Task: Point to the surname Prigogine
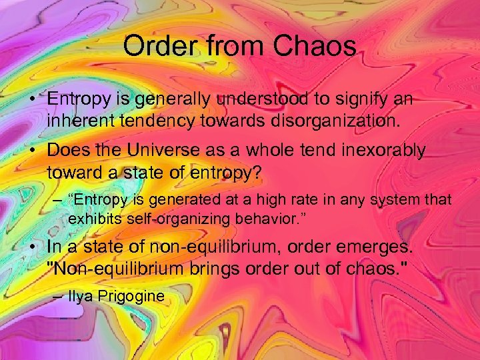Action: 130,296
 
